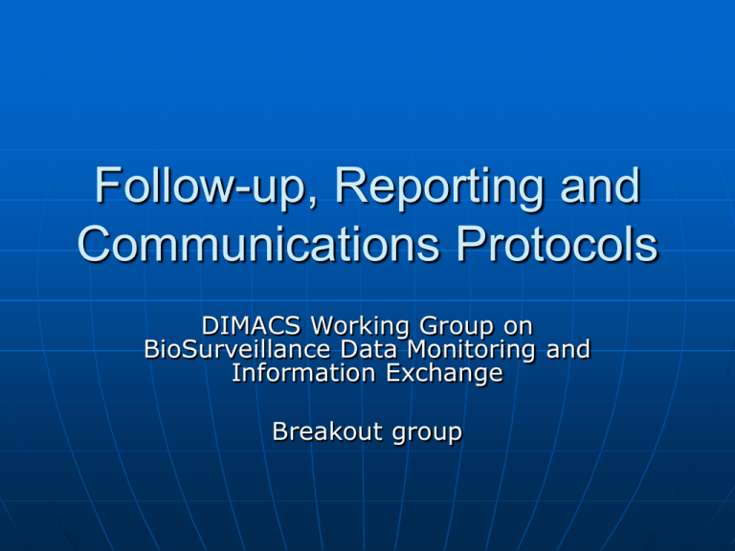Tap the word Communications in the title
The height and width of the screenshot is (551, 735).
(x=258, y=244)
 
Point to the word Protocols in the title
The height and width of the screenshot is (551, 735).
(x=557, y=244)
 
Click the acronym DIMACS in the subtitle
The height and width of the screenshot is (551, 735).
(x=251, y=325)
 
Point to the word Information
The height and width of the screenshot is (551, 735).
(x=303, y=373)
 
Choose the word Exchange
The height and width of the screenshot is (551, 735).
(x=445, y=374)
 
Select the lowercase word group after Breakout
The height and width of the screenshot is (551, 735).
(x=427, y=433)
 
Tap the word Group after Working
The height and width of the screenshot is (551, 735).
(x=457, y=326)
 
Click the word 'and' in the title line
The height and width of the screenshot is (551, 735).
(x=600, y=187)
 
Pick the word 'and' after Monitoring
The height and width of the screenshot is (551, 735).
(x=568, y=349)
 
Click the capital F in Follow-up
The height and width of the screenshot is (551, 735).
(x=108, y=185)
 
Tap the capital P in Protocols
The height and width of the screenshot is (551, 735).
(x=471, y=243)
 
